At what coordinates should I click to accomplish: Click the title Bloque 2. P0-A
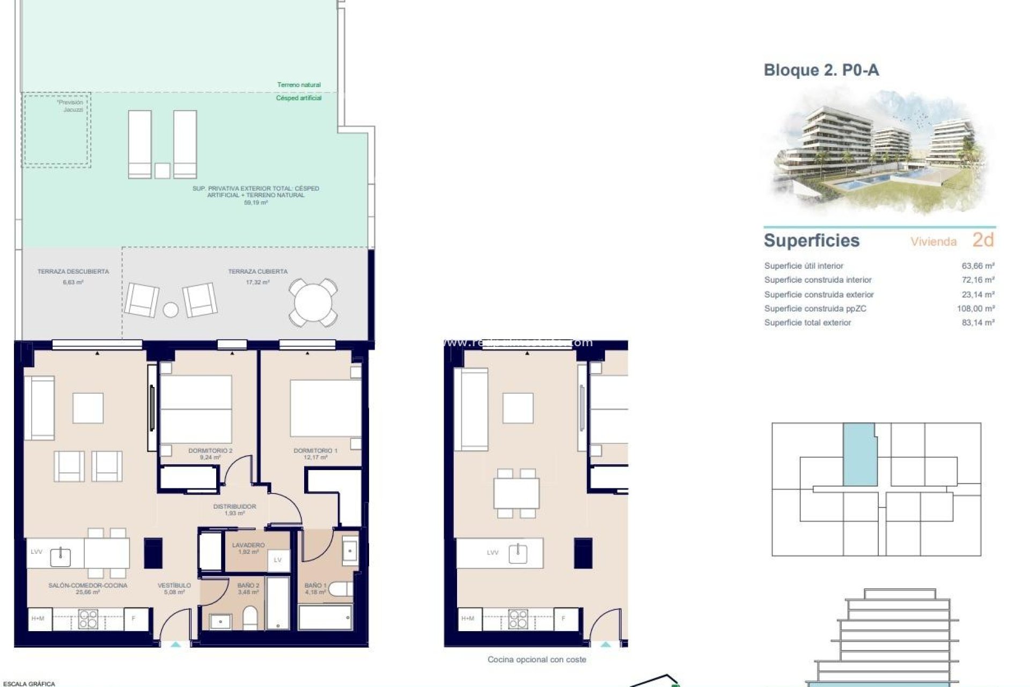pyautogui.click(x=821, y=70)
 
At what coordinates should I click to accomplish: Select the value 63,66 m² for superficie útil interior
pyautogui.click(x=977, y=266)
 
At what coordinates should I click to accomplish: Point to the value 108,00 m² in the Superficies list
pyautogui.click(x=975, y=309)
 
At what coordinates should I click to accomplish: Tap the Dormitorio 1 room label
pyautogui.click(x=315, y=454)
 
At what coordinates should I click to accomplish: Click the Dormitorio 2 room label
pyautogui.click(x=210, y=454)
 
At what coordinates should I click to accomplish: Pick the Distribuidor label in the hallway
pyautogui.click(x=234, y=509)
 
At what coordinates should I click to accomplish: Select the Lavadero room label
pyautogui.click(x=248, y=548)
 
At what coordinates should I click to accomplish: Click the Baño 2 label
pyautogui.click(x=248, y=589)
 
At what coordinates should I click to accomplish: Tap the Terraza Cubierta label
pyautogui.click(x=257, y=275)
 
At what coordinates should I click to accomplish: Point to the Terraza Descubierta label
pyautogui.click(x=73, y=275)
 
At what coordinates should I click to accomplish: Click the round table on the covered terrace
pyautogui.click(x=313, y=303)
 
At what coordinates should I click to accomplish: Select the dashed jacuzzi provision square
pyautogui.click(x=56, y=130)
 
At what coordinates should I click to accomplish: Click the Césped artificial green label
pyautogui.click(x=299, y=98)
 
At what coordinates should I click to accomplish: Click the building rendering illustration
pyautogui.click(x=880, y=153)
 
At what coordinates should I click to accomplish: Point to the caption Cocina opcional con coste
pyautogui.click(x=536, y=660)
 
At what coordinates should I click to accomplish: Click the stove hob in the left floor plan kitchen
pyautogui.click(x=88, y=619)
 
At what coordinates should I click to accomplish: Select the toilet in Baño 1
pyautogui.click(x=340, y=590)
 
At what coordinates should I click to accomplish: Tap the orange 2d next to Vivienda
pyautogui.click(x=983, y=240)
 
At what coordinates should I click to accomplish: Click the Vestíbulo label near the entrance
pyautogui.click(x=174, y=589)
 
